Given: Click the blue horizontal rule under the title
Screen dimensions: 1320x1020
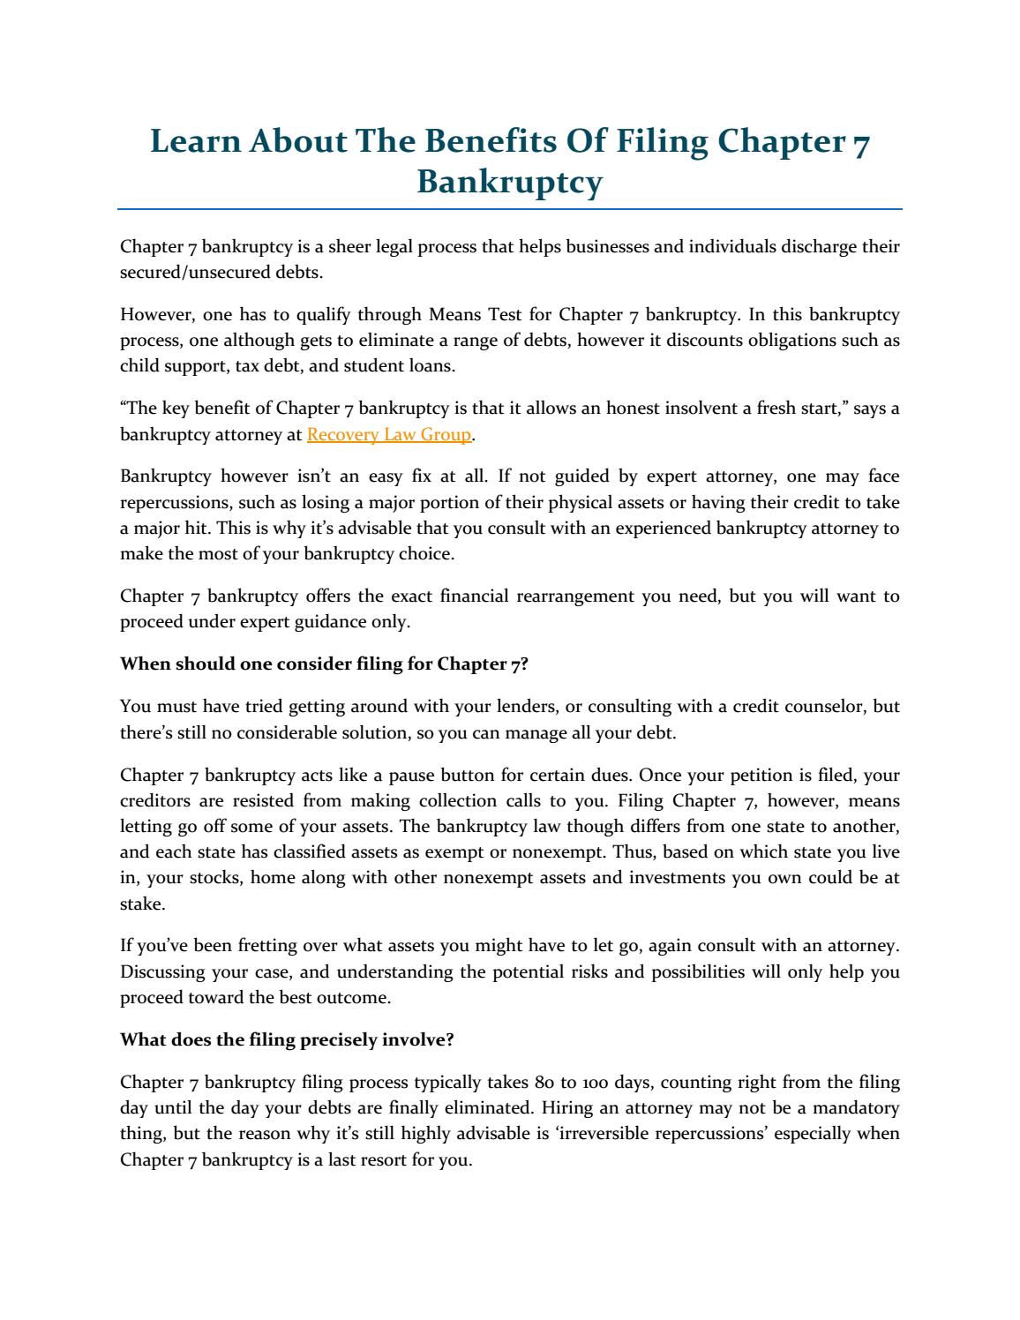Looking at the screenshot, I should coord(510,209).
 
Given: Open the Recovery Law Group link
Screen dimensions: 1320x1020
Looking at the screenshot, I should coord(389,435).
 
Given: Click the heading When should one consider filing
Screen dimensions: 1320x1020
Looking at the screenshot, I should coord(324,664).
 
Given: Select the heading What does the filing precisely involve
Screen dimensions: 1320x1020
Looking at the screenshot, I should coord(287,1040).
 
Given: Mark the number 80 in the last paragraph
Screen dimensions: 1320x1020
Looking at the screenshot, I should coord(544,1083).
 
